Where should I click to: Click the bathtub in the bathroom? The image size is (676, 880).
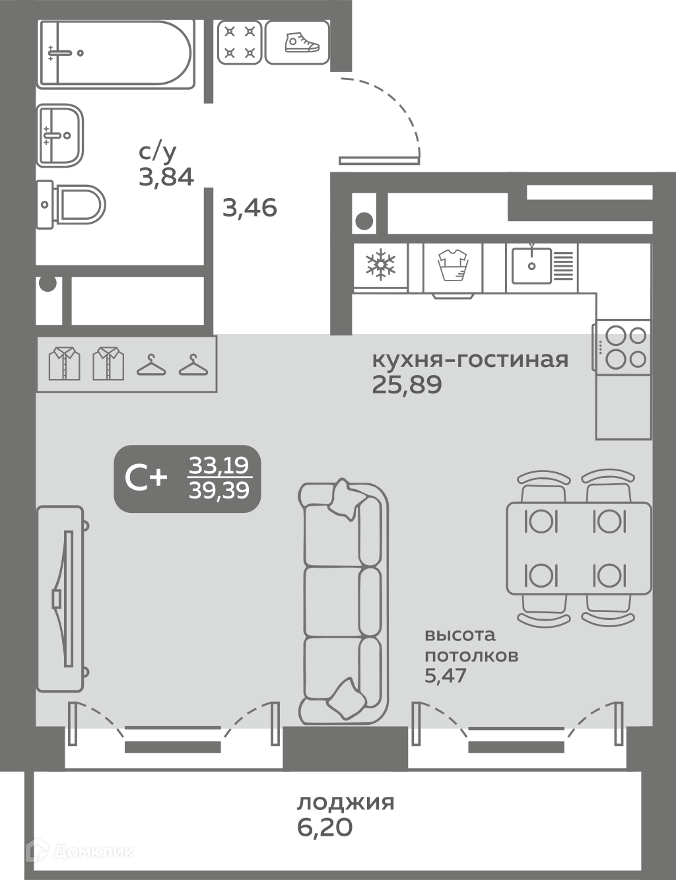point(116,54)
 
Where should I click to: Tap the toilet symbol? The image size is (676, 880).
point(71,205)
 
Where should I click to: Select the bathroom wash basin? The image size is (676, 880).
point(60,135)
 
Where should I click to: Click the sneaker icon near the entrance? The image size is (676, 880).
point(302,42)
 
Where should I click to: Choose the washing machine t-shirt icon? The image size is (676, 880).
point(453,265)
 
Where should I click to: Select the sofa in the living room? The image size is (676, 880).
point(343,602)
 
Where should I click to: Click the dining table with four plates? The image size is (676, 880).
point(579,549)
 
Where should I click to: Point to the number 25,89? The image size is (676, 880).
point(407,385)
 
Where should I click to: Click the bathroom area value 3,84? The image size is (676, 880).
point(166,177)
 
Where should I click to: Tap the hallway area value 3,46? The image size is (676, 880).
point(250,208)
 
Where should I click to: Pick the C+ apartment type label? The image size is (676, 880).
point(146,478)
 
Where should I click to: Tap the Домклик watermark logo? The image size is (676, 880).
point(79,851)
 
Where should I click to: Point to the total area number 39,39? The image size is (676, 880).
point(219,491)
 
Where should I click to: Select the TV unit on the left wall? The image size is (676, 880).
point(61,599)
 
